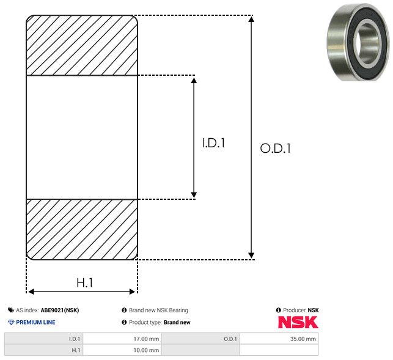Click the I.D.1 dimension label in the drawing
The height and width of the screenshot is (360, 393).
214,144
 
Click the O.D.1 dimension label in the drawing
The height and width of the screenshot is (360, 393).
275,149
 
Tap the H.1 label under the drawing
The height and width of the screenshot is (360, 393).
84,282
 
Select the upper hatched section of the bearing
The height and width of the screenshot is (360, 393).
82,45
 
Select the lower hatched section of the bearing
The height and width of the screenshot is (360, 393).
82,229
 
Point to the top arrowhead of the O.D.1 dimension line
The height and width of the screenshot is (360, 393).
251,20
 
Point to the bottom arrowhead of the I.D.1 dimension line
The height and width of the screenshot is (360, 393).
194,194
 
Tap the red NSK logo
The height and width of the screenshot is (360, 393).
298,321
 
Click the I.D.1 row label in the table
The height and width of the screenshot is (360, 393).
75,339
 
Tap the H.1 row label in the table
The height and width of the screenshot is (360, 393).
76,350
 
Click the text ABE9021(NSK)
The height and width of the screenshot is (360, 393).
60,310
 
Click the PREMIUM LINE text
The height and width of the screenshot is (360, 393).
35,322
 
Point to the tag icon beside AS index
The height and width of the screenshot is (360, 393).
11,310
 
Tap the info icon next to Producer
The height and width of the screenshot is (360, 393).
279,310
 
